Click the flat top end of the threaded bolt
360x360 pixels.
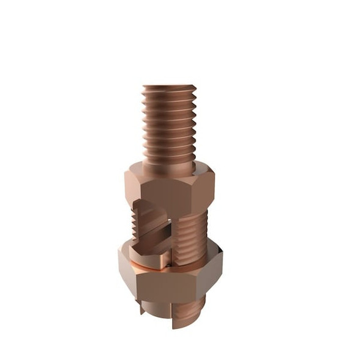(169, 87)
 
